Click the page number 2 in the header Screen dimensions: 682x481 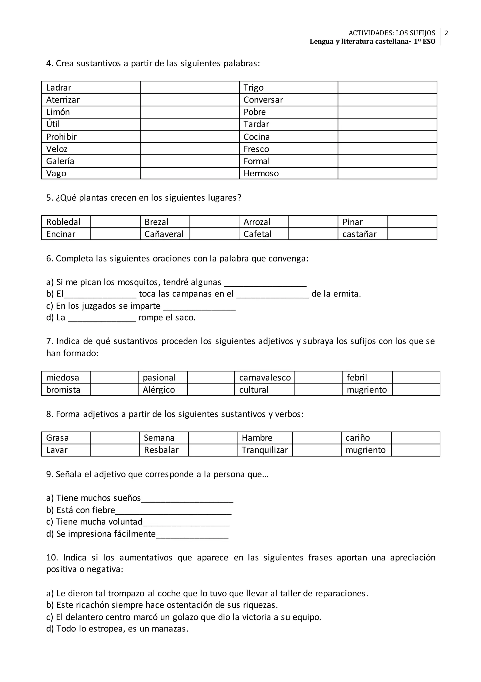(446, 33)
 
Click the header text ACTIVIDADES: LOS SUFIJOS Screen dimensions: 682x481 (392, 33)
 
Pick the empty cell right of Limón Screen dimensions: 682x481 (190, 112)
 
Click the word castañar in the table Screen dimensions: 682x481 (359, 234)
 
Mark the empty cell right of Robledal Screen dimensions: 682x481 (115, 222)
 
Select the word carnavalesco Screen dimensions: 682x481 (265, 377)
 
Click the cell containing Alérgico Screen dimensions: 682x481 (159, 390)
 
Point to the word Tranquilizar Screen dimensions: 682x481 (265, 450)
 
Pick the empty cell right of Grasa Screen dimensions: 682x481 (115, 438)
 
